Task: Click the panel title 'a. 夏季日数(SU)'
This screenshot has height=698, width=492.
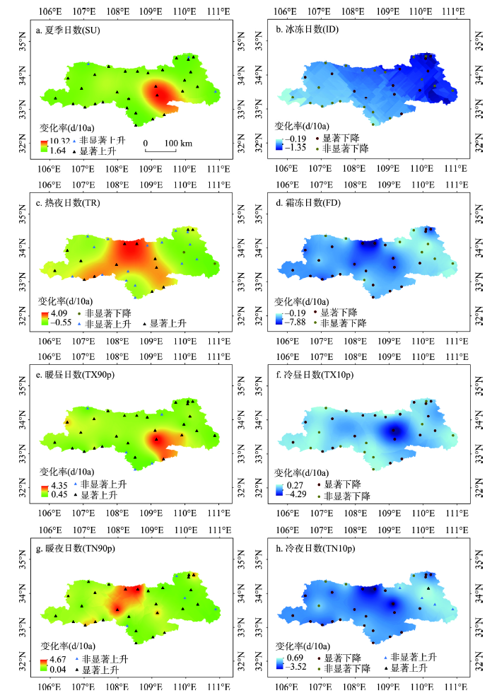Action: (73, 30)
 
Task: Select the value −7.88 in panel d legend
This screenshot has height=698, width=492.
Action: (298, 322)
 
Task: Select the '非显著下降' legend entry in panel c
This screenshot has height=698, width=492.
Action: (105, 313)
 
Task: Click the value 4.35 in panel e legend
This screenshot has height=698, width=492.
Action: (57, 485)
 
